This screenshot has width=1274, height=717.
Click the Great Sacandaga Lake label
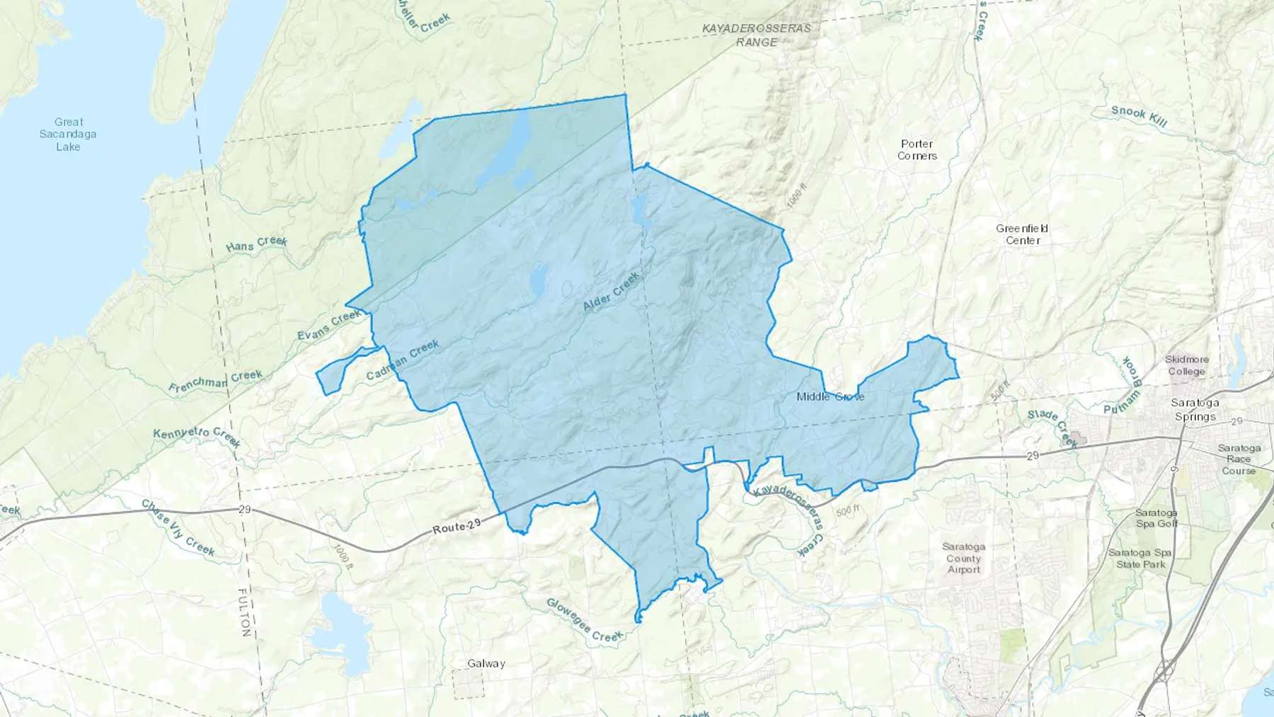pyautogui.click(x=68, y=134)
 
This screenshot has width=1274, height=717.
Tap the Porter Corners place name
pyautogui.click(x=917, y=150)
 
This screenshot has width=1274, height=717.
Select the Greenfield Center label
pyautogui.click(x=1022, y=234)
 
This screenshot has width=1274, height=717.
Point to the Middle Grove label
pyautogui.click(x=830, y=396)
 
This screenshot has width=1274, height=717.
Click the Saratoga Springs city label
pyautogui.click(x=1195, y=410)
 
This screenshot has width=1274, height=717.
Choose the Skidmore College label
pyautogui.click(x=1187, y=365)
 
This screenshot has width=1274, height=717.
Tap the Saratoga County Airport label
pyautogui.click(x=963, y=558)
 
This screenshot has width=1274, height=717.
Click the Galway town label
pyautogui.click(x=486, y=664)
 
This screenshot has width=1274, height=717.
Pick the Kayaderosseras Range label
pyautogui.click(x=757, y=35)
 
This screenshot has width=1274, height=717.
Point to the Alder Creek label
pyautogui.click(x=611, y=292)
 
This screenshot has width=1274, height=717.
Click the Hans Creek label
pyautogui.click(x=256, y=244)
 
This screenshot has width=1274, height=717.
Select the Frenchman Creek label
pyautogui.click(x=215, y=382)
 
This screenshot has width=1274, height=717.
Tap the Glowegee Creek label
pyautogui.click(x=585, y=621)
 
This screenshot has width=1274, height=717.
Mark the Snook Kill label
pyautogui.click(x=1139, y=117)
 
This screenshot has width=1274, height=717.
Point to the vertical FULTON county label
pyautogui.click(x=244, y=612)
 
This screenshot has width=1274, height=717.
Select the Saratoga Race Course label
pyautogui.click(x=1239, y=459)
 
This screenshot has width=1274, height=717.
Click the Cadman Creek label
pyautogui.click(x=403, y=360)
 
